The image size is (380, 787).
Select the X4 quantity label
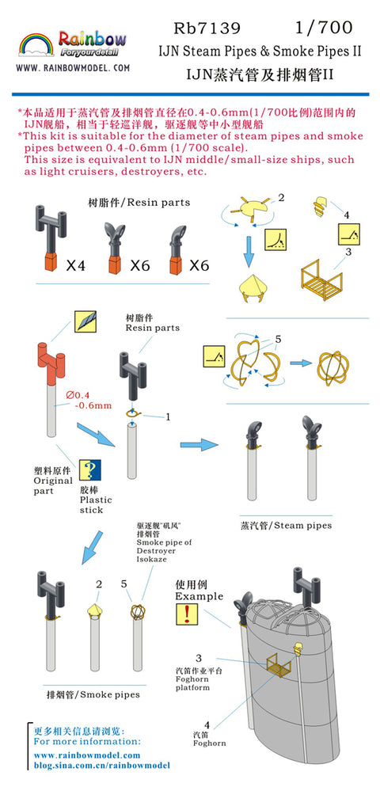76,266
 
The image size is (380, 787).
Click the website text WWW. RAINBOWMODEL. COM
73,69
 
